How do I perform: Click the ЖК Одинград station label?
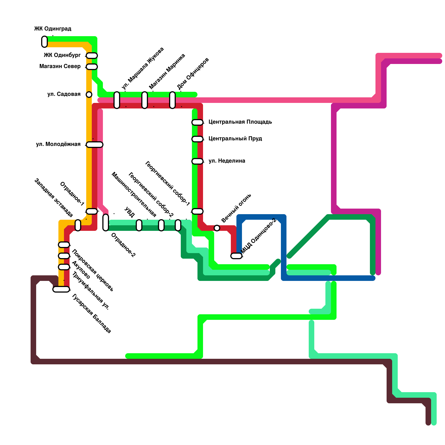53,29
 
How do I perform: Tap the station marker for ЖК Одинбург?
92,56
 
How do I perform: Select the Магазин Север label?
60,66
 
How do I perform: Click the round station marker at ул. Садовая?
89,95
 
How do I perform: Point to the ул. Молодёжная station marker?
95,144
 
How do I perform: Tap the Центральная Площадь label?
240,122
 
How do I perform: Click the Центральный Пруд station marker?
197,139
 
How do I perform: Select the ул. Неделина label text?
227,161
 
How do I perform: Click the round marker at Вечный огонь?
217,228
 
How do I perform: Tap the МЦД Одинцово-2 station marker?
236,256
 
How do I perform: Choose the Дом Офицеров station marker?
172,100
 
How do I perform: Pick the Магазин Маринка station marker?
145,100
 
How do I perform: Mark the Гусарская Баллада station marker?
61,289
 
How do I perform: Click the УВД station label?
130,212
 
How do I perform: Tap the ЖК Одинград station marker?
44,42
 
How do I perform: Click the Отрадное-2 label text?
123,245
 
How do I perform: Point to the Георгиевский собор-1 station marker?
197,211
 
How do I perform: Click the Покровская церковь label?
93,270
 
